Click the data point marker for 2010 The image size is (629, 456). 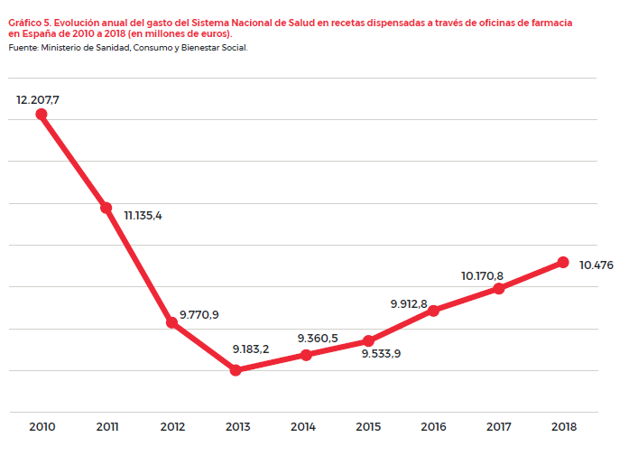point(41,114)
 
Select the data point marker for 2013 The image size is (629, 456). point(236,369)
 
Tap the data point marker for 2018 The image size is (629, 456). point(563,262)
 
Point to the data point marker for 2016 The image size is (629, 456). point(433,311)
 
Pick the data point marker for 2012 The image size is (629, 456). point(171,322)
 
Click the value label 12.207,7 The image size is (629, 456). point(38,99)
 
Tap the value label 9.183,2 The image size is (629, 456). point(250,349)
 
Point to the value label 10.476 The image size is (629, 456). point(597,265)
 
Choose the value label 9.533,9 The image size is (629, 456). point(381,353)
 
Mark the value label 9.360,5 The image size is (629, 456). point(318,339)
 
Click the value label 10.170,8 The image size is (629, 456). point(482,275)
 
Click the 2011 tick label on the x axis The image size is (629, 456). point(107,426)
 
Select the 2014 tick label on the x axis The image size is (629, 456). point(303,426)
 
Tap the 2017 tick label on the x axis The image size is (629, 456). point(499,426)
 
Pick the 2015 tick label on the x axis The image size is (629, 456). point(368,426)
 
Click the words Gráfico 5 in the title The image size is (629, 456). point(30,21)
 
